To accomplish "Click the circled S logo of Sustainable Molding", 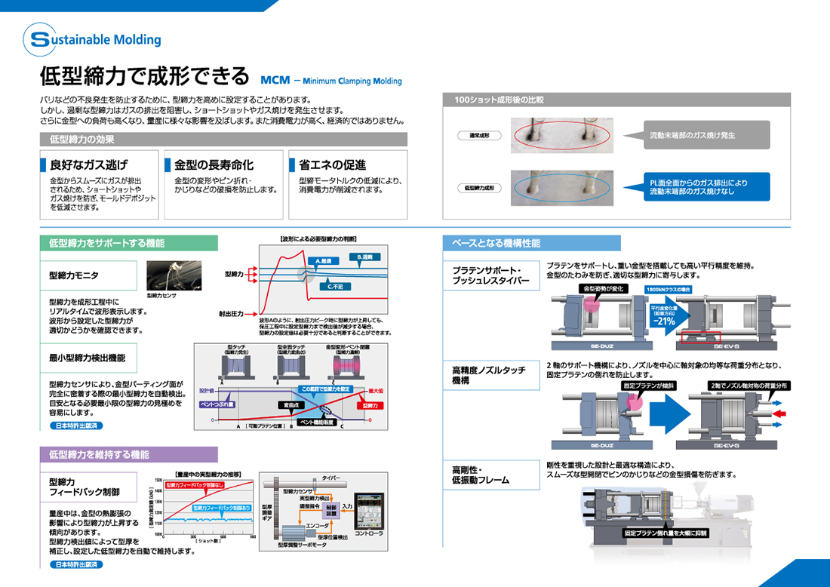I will [39, 39].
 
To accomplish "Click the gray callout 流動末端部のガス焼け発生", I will [692, 136].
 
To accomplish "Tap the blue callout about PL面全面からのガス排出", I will [699, 187].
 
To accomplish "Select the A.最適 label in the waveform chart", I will [326, 261].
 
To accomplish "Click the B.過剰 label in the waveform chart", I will [364, 257].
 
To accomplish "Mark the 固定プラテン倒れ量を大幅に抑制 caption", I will [666, 533].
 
